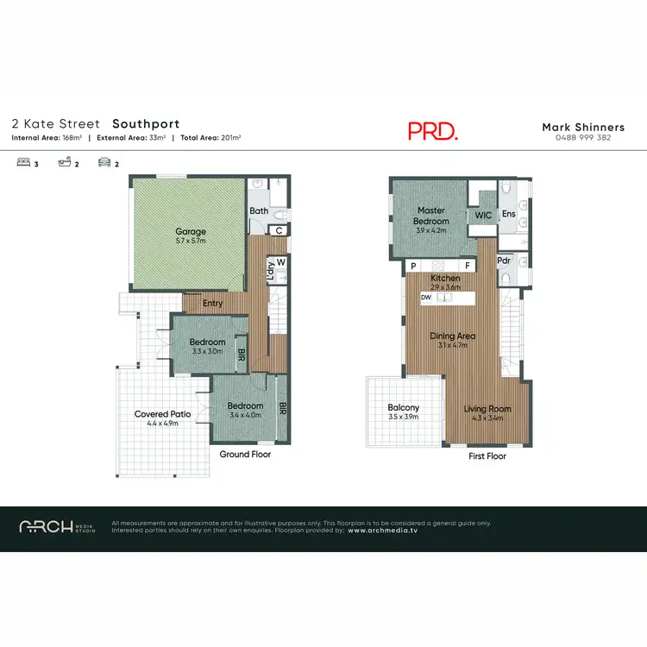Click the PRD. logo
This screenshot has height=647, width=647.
[x=432, y=130]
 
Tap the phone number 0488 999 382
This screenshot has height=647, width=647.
[x=583, y=138]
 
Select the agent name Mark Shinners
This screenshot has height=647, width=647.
[x=583, y=127]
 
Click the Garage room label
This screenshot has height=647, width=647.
[x=191, y=231]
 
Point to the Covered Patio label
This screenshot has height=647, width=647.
[x=156, y=414]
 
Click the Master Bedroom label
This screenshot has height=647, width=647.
[x=430, y=216]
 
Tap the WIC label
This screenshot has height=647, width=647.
[x=482, y=216]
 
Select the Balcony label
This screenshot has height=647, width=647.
[x=403, y=408]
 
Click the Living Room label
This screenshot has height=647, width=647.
[x=487, y=409]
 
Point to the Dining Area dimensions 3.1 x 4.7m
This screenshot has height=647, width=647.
[x=454, y=345]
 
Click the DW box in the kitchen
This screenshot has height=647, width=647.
[x=426, y=298]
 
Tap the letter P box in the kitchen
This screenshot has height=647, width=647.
[x=414, y=266]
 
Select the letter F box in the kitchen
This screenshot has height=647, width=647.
[x=467, y=266]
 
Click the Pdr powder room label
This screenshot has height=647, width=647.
[x=505, y=260]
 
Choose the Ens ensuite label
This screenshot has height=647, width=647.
[x=508, y=213]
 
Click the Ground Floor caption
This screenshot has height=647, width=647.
[x=246, y=454]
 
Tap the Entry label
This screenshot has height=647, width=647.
[x=212, y=304]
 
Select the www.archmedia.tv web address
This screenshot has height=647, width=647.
[x=382, y=531]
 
